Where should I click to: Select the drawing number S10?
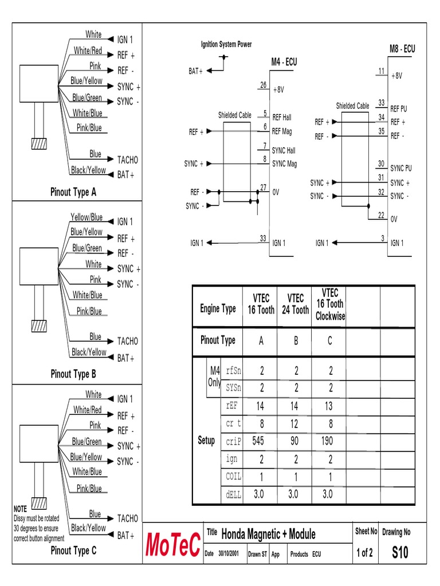pyautogui.click(x=400, y=553)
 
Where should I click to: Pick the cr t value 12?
pyautogui.click(x=296, y=423)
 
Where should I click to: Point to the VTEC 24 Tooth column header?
pyautogui.click(x=295, y=304)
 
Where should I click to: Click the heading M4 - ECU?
pyautogui.click(x=284, y=62)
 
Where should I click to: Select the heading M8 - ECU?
pyautogui.click(x=402, y=49)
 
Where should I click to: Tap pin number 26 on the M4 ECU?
pyautogui.click(x=264, y=85)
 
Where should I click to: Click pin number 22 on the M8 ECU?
pyautogui.click(x=381, y=215)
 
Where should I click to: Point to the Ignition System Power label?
pyautogui.click(x=226, y=45)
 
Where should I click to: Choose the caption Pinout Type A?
pyautogui.click(x=73, y=192)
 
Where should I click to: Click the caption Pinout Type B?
pyautogui.click(x=73, y=374)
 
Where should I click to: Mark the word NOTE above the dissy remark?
pyautogui.click(x=20, y=508)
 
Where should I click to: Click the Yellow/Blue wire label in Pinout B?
pyautogui.click(x=87, y=217)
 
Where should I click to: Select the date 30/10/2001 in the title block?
pyautogui.click(x=227, y=555)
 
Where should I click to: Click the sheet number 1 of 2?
pyautogui.click(x=364, y=553)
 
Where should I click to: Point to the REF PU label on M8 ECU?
pyautogui.click(x=399, y=109)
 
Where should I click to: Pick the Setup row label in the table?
pyautogui.click(x=206, y=441)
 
